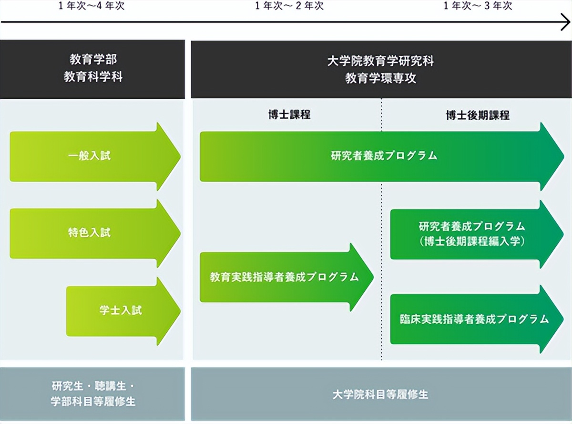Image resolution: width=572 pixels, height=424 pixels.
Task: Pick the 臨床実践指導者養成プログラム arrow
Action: [x=475, y=319]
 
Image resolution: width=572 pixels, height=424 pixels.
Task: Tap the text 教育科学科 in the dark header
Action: [x=93, y=77]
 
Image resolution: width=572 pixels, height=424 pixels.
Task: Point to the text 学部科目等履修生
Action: [x=93, y=402]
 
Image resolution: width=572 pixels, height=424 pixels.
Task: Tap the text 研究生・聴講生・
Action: [x=93, y=386]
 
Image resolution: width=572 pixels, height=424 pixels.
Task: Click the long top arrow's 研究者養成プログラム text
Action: [x=384, y=156]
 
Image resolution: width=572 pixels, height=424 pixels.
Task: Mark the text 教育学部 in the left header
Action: [x=93, y=60]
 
